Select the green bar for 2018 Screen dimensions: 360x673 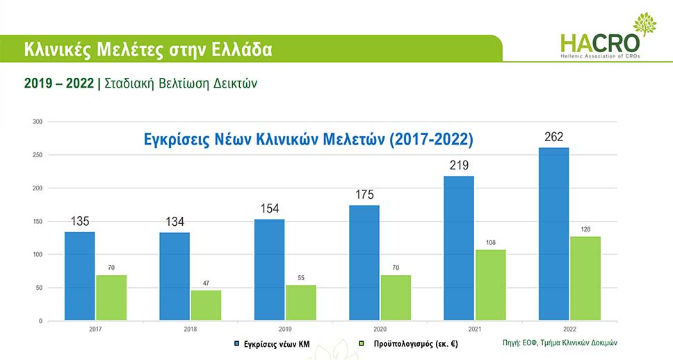pos(206,305)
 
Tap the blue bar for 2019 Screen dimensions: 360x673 pos(269,270)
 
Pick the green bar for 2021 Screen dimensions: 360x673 pos(491,285)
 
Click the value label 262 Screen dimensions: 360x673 pos(554,136)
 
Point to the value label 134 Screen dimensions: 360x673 pos(175,222)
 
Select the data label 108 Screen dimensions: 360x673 pos(491,243)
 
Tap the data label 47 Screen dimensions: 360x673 pos(206,283)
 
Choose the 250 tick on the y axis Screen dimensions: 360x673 pos(38,155)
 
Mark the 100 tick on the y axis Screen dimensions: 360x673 pos(38,254)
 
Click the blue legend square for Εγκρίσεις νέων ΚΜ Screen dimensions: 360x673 pos(236,343)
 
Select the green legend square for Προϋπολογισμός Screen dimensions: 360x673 pos(362,343)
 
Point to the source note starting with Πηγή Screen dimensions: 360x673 pos(560,343)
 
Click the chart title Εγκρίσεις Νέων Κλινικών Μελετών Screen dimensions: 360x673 pos(307,138)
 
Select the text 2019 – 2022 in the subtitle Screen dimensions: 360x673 pos(59,83)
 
